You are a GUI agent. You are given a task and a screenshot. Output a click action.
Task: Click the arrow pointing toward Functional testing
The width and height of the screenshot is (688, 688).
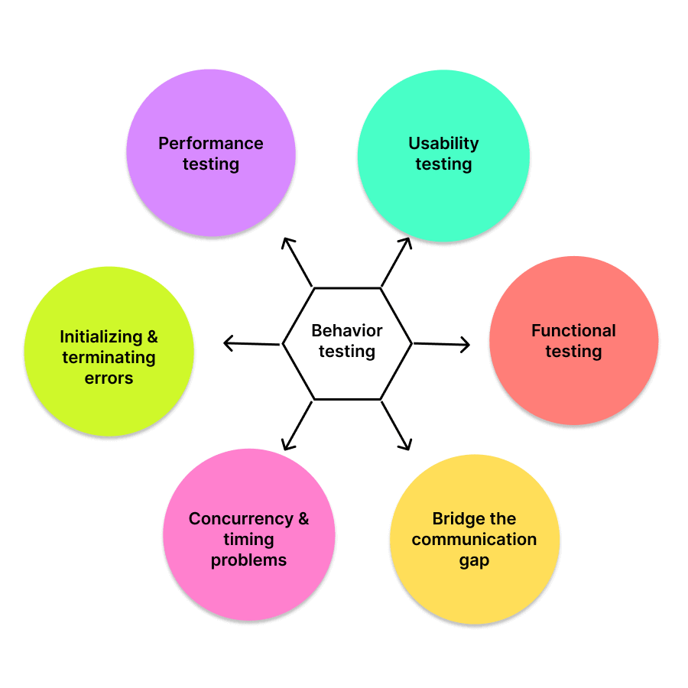[441, 345]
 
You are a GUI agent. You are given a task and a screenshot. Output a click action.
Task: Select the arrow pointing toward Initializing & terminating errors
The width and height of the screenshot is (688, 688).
[252, 344]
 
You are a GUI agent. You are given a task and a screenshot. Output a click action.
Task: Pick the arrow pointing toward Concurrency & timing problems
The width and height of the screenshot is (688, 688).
[297, 425]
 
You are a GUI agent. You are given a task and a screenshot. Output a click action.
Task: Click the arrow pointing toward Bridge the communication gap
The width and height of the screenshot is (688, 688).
[396, 425]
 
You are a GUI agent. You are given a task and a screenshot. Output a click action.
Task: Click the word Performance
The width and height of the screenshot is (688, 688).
[211, 144]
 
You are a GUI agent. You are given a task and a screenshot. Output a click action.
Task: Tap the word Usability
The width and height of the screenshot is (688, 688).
[443, 144]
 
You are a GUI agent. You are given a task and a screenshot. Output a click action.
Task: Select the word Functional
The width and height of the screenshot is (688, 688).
[573, 331]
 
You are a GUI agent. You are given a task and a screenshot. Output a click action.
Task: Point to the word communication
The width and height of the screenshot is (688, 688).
[474, 540]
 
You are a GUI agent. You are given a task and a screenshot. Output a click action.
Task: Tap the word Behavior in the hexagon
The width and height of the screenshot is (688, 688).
[347, 331]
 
